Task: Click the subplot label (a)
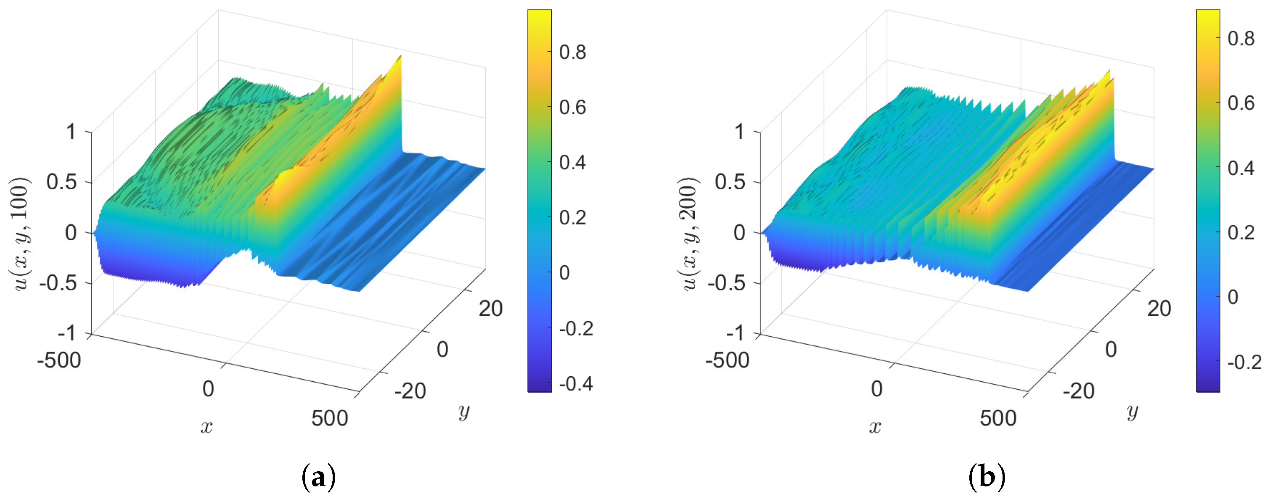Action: click(x=318, y=477)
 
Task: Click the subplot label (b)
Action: click(x=987, y=477)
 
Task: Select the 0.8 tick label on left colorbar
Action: click(x=572, y=52)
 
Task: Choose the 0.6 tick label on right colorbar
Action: click(x=1241, y=103)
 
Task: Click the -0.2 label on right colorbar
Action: click(x=1244, y=362)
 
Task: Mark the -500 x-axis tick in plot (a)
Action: click(x=59, y=360)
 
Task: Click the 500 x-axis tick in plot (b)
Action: click(x=998, y=418)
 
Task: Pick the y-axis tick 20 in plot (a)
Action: click(x=490, y=309)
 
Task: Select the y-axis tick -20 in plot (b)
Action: click(x=1078, y=391)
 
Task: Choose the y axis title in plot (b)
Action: click(x=1132, y=411)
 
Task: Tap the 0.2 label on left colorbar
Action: click(x=572, y=217)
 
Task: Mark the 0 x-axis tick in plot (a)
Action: click(x=208, y=389)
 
